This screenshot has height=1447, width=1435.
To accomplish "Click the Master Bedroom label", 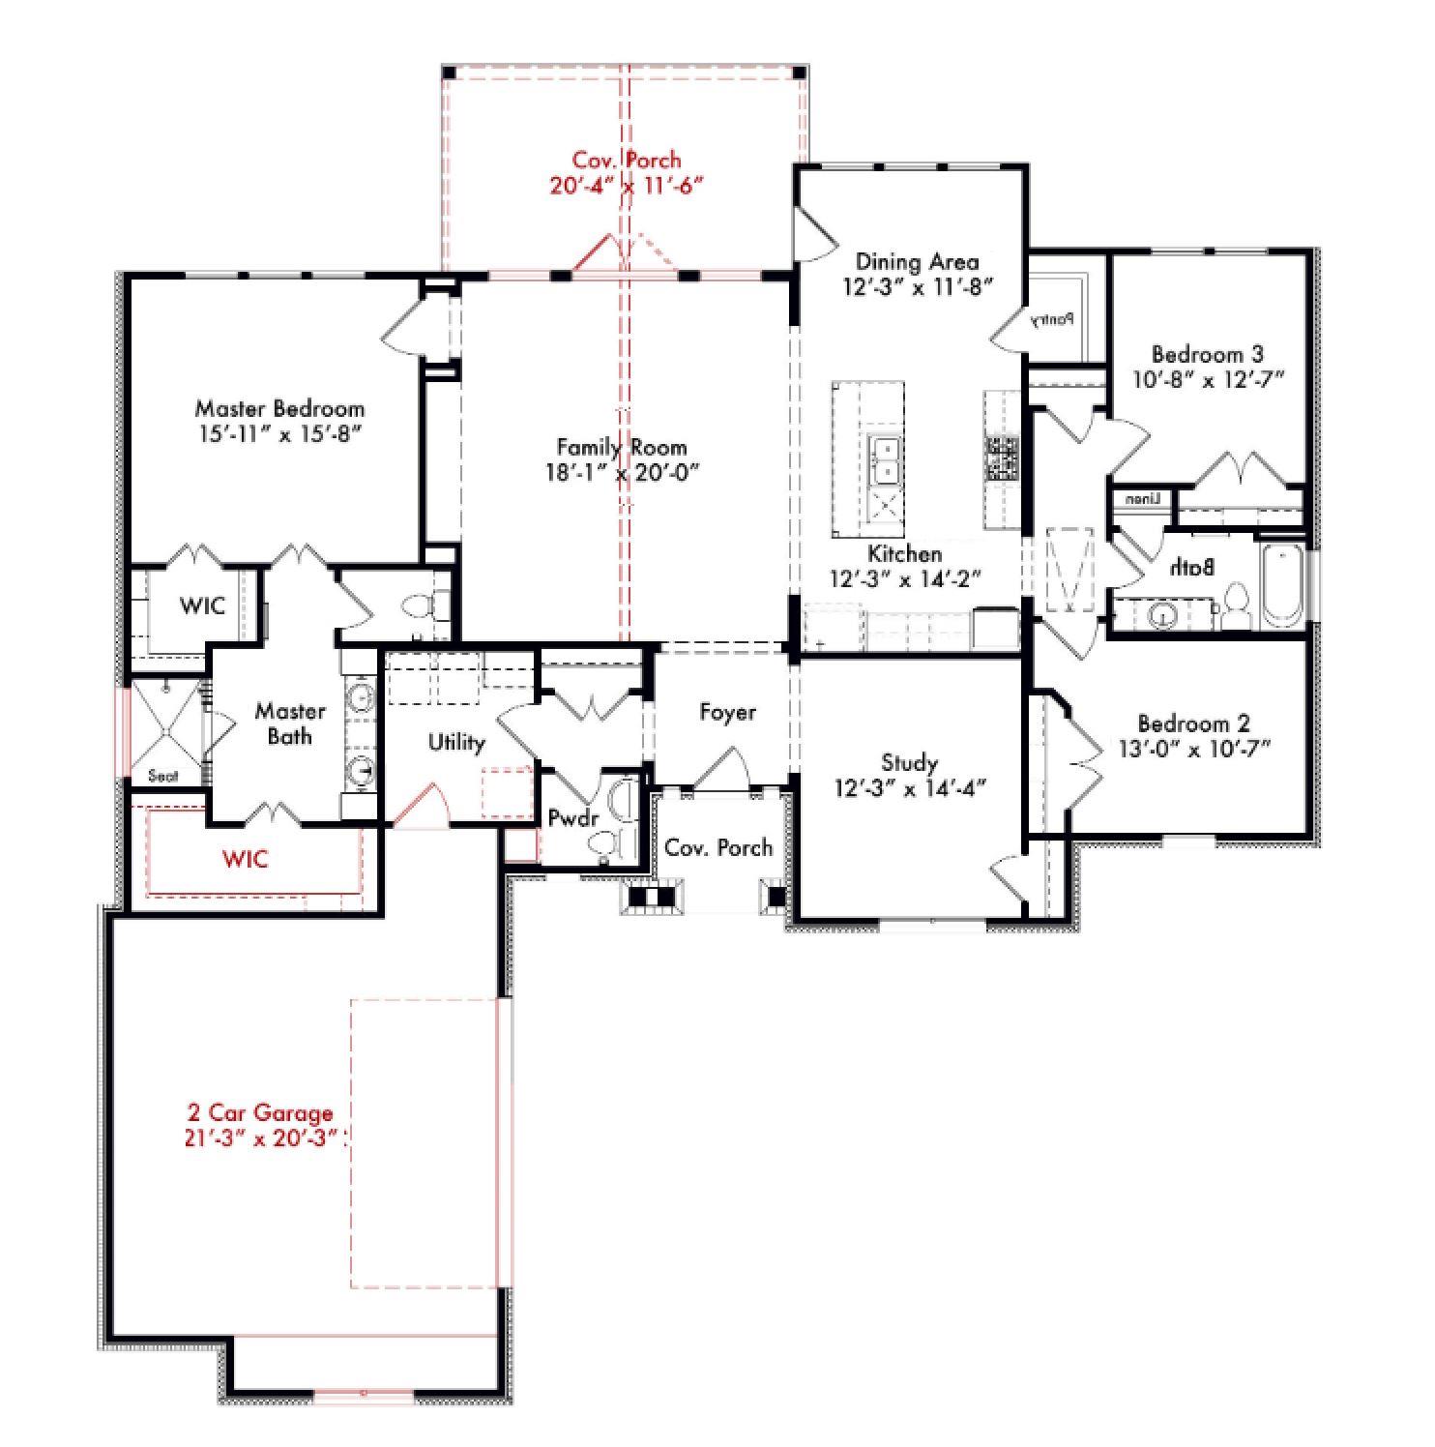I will [x=279, y=408].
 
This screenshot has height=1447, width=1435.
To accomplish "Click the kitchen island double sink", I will [x=885, y=460].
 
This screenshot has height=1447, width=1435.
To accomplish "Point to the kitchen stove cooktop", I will [x=1002, y=458].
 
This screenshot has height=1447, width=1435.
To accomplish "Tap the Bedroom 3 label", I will [x=1207, y=354].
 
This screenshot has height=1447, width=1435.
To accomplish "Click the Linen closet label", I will [x=1143, y=499].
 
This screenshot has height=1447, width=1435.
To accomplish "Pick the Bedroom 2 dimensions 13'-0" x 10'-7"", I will [x=1193, y=748].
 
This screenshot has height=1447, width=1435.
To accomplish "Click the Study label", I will [x=909, y=763].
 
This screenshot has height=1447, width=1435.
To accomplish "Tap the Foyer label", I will [x=727, y=713].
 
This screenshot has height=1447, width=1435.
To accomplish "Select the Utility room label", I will [x=456, y=742].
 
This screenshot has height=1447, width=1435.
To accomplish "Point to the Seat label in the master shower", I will [x=162, y=775].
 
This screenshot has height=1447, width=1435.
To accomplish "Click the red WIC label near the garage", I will [x=245, y=859].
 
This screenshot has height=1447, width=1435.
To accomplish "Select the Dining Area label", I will [x=917, y=261].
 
